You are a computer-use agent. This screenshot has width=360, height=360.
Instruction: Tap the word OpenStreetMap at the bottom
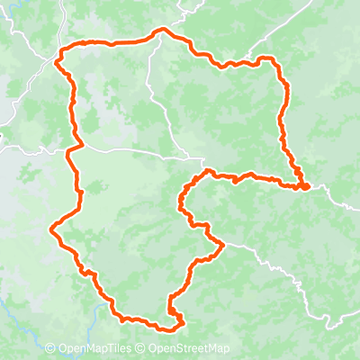coord(189,349)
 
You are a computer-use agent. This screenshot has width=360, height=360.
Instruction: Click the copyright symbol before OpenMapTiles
coord(50,349)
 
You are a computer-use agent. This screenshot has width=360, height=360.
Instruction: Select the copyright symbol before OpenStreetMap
coord(142,349)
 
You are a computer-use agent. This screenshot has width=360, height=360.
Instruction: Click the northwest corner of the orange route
coord(58,61)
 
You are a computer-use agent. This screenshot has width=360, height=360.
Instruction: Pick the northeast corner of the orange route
coord(272,59)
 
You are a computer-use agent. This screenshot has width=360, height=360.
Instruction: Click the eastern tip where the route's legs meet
coord(307,186)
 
